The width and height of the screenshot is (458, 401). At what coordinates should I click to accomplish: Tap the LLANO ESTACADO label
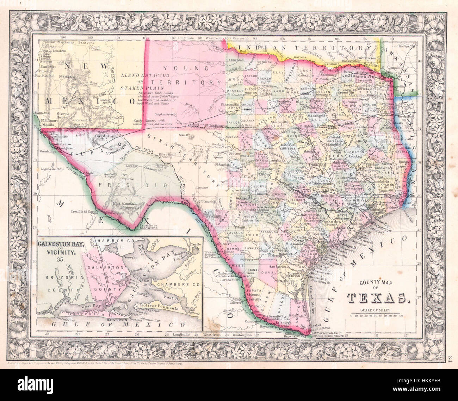(141, 75)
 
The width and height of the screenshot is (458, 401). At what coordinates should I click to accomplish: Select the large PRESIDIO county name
(133, 184)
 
